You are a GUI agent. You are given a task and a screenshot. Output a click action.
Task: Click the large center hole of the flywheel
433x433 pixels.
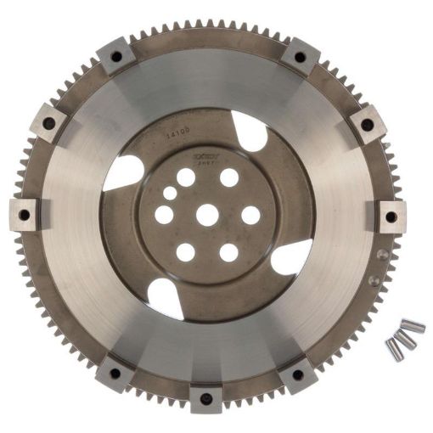[x=207, y=215]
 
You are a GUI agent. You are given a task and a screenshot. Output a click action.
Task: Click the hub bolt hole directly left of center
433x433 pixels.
[x=164, y=215]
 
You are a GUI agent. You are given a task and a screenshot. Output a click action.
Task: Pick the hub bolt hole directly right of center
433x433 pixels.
[x=250, y=215]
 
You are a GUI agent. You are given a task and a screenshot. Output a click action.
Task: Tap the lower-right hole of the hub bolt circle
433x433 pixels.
[x=228, y=252]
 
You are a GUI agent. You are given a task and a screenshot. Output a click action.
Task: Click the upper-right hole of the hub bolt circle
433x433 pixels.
[x=229, y=177]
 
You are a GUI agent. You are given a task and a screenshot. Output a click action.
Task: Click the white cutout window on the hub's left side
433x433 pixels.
[x=123, y=173]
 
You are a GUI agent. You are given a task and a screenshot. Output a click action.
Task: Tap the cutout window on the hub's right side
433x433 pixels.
[x=291, y=256]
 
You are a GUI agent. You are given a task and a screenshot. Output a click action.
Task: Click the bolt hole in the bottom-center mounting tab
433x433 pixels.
[x=206, y=396]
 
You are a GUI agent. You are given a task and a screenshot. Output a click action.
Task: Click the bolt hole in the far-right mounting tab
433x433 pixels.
[x=391, y=216]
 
